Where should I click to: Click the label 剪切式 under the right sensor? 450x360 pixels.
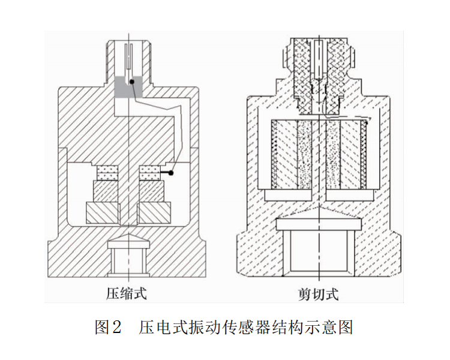[319, 293]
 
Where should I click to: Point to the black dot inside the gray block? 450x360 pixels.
[131, 81]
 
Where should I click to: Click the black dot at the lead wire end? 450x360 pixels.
[171, 173]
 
